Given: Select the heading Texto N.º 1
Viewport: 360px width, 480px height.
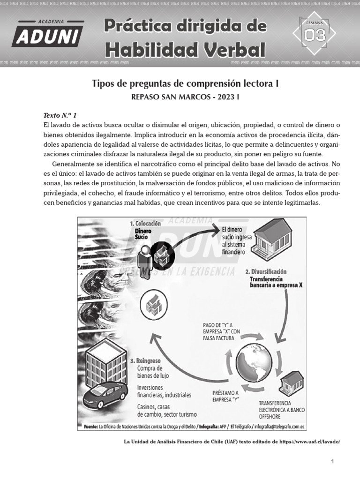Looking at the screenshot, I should pyautogui.click(x=60, y=115).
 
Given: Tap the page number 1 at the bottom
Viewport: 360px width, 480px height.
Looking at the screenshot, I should pyautogui.click(x=332, y=462).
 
